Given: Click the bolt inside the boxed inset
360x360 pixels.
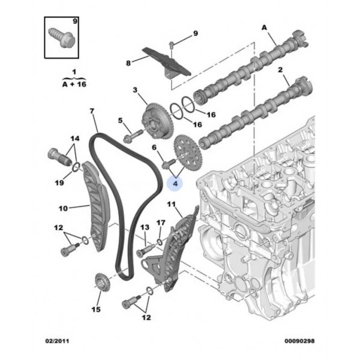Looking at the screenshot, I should [x=61, y=34].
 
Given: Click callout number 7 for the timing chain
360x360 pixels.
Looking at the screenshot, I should [x=92, y=112].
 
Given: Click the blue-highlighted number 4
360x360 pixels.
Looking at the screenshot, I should [x=176, y=182].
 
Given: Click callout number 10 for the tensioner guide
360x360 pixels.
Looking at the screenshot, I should [x=63, y=209].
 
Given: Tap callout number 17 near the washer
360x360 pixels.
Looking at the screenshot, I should [x=160, y=223].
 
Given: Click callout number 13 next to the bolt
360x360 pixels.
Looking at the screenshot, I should [x=145, y=228].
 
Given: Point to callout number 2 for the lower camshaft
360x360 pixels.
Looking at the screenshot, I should [x=280, y=70].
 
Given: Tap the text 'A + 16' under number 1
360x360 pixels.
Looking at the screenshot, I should [x=74, y=85].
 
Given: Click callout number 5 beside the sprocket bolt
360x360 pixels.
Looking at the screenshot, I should [x=120, y=121].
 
